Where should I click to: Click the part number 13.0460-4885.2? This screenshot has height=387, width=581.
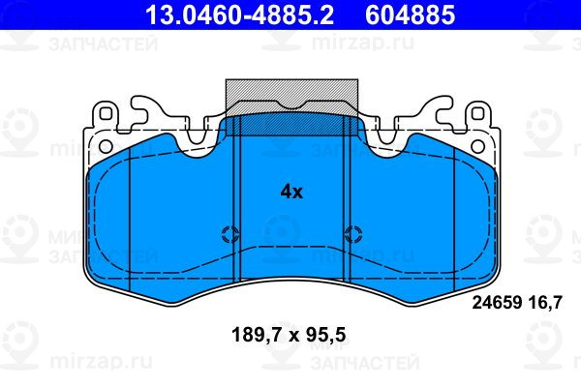click(239, 15)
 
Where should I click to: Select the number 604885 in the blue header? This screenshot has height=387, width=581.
click(410, 15)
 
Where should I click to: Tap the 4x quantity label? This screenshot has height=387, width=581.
click(291, 192)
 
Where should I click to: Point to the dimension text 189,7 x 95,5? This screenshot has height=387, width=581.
click(289, 335)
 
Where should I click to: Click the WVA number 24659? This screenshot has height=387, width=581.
click(497, 302)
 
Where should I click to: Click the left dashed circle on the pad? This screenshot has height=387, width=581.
click(230, 234)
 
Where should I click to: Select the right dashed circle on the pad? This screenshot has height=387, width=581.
click(353, 234)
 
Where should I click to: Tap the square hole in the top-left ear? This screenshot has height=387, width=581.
click(106, 113)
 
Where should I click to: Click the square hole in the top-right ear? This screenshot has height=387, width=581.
click(477, 113)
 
